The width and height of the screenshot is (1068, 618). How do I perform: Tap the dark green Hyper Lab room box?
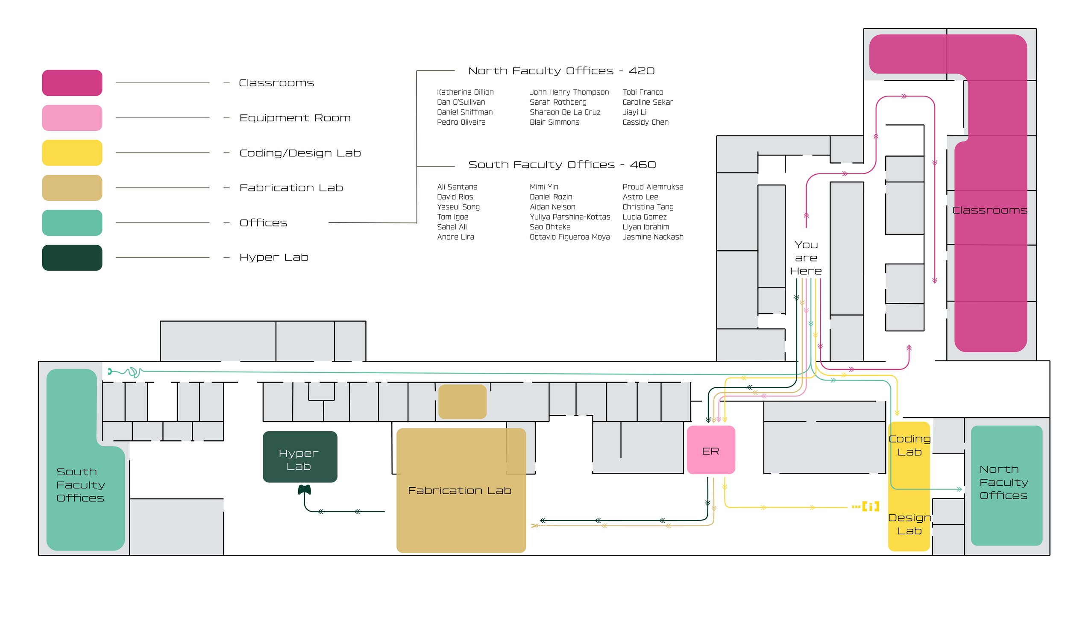click(299, 457)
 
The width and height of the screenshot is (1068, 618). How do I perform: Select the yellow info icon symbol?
click(870, 507)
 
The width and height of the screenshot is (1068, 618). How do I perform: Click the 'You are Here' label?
click(806, 258)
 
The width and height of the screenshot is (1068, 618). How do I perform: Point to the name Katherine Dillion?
click(465, 92)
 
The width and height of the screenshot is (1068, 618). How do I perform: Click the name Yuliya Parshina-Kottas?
click(569, 217)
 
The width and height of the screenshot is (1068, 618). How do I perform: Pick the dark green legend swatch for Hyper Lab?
click(72, 258)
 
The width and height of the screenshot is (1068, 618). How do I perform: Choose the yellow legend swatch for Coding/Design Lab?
click(72, 152)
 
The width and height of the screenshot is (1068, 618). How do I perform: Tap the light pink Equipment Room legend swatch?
click(72, 118)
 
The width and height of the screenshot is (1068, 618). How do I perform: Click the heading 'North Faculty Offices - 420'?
click(561, 71)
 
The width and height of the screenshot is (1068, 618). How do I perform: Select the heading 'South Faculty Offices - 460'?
click(562, 165)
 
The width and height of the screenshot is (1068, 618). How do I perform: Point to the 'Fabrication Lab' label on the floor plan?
click(459, 491)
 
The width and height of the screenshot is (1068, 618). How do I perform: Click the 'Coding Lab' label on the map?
click(909, 445)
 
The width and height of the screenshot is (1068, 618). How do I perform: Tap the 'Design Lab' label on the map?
click(909, 524)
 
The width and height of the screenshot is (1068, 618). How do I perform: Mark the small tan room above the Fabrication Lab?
click(462, 401)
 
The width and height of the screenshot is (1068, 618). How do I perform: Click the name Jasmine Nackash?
click(653, 237)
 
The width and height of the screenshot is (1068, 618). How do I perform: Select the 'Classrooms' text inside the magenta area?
click(989, 211)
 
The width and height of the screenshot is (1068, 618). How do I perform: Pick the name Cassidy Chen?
click(645, 122)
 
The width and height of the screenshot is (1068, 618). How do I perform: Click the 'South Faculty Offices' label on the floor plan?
click(80, 485)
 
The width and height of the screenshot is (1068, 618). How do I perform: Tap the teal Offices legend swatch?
click(72, 223)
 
